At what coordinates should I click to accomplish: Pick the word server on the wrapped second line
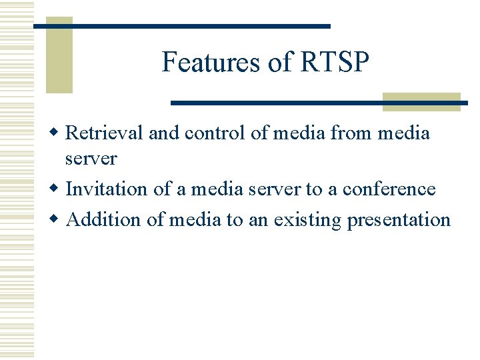point(91,159)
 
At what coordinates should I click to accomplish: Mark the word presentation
point(399,221)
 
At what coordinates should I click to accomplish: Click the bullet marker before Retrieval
point(58,133)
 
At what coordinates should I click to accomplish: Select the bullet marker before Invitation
point(58,189)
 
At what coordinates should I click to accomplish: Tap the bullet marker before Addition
point(58,220)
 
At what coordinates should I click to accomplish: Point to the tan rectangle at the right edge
point(421,101)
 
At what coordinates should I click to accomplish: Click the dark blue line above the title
point(181,26)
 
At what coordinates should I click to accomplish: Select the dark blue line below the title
point(319,103)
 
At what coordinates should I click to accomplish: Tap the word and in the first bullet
point(164,133)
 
